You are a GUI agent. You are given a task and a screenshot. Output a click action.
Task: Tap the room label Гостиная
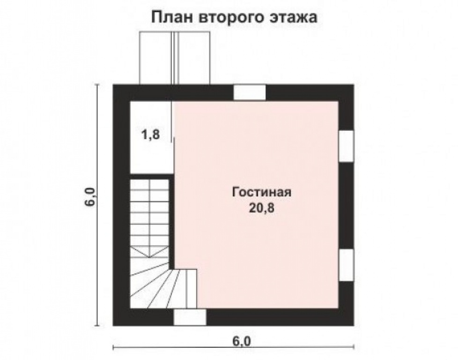tap(262, 192)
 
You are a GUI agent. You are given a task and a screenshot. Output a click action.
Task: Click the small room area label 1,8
tap(151, 135)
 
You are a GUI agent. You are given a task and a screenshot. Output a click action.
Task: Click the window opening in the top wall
tap(250, 92)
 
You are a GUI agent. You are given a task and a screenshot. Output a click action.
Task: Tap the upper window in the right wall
tap(346, 146)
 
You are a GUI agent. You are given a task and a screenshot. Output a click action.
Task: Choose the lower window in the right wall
tap(346, 265)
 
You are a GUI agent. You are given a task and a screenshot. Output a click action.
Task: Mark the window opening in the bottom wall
tap(190, 317)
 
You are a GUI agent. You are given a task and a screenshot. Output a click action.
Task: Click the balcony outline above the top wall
tap(174, 58)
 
